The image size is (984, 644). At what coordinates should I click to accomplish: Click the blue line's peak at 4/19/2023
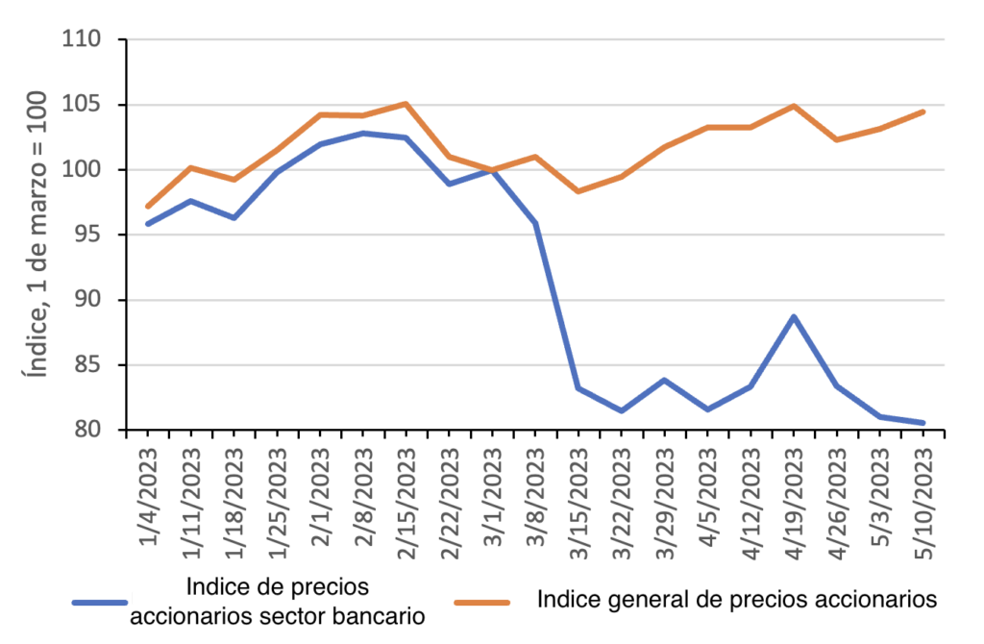coord(794,316)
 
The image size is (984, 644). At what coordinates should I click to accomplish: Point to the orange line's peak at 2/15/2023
coord(406,104)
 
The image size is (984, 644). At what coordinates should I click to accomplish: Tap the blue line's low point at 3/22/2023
coord(622,410)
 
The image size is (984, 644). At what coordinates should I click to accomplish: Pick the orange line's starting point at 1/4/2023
coord(148,206)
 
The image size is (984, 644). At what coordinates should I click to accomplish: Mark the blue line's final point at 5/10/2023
coord(923,422)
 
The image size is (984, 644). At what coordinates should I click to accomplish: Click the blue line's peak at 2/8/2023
coord(363,133)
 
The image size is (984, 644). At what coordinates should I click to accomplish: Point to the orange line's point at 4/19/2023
coord(794,106)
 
